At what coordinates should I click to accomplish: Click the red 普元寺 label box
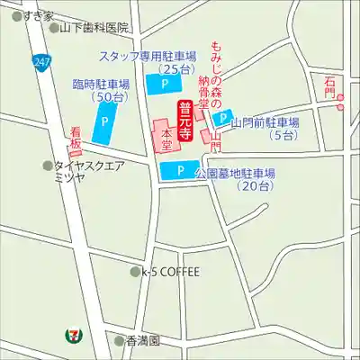coord(185,121)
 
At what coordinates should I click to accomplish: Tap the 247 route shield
coord(39,61)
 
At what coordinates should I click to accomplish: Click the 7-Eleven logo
coord(70,334)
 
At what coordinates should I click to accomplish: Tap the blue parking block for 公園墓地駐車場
coord(179,169)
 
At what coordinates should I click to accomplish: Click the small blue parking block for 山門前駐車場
coord(220,119)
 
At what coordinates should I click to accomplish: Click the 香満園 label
coord(142,341)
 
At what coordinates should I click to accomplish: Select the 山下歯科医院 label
coord(94,28)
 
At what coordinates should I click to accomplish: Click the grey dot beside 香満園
coord(118,341)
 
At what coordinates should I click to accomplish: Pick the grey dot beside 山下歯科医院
coord(52,28)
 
